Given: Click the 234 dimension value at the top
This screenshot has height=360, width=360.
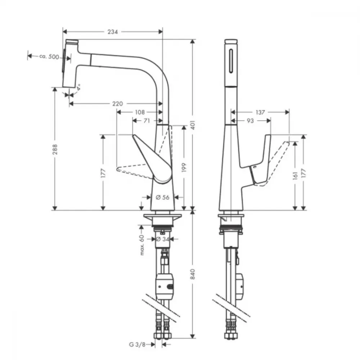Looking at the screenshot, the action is click(113, 32).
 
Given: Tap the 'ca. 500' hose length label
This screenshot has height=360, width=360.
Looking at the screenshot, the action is click(49, 57).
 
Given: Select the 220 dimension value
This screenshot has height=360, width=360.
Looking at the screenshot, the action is click(117, 104).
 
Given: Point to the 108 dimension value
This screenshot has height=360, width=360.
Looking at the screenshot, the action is click(140, 112).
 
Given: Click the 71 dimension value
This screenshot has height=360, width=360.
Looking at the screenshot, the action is click(147, 121).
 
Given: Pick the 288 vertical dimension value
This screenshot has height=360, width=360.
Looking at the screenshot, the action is click(55, 149).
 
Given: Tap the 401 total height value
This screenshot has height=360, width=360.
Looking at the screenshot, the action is click(193, 125).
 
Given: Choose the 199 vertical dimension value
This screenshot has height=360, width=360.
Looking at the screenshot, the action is click(184, 168).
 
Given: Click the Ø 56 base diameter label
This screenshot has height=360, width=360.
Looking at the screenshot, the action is click(162, 197).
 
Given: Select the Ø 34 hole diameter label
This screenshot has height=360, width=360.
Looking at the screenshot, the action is click(163, 239).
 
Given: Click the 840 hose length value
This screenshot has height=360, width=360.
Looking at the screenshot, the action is click(193, 274).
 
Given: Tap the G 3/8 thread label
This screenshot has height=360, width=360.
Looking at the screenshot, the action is click(137, 345).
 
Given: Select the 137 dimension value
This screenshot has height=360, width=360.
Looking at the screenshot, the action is click(260, 112).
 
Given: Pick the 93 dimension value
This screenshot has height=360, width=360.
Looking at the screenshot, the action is click(250, 121).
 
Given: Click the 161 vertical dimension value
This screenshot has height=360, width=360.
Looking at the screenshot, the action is click(296, 176).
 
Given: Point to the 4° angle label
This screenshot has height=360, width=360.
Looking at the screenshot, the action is click(78, 87).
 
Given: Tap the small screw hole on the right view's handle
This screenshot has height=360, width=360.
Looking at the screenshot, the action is click(255, 167).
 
